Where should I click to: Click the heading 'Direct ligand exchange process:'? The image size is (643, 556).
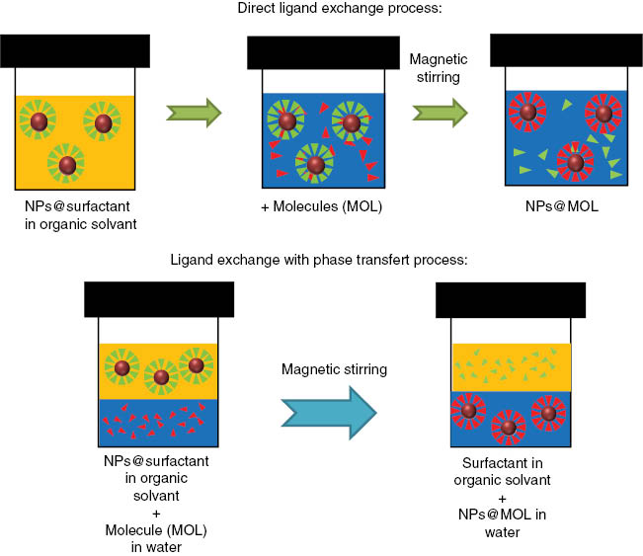coord(321,10)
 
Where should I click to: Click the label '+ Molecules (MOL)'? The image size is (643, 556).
coord(321,208)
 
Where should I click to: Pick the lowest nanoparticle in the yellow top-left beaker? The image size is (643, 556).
coord(66,164)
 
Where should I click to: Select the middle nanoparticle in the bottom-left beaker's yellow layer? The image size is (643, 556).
coord(159,376)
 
